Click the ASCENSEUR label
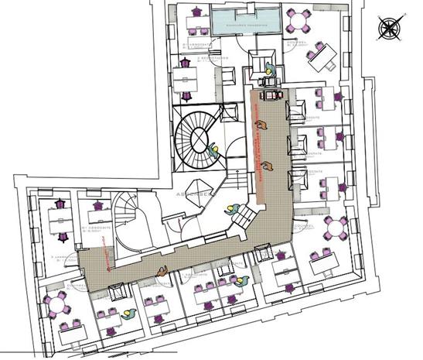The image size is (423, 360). pyautogui.click(x=193, y=194)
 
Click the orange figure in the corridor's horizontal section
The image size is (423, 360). pyautogui.click(x=161, y=270)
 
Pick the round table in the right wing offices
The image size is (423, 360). pyautogui.click(x=336, y=228)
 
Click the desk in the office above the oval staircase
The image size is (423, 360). pyautogui.click(x=185, y=77)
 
